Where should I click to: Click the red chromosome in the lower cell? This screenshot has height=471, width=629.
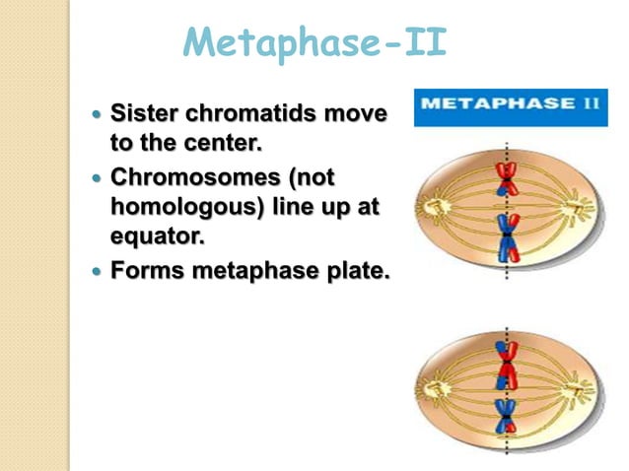[506, 364]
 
